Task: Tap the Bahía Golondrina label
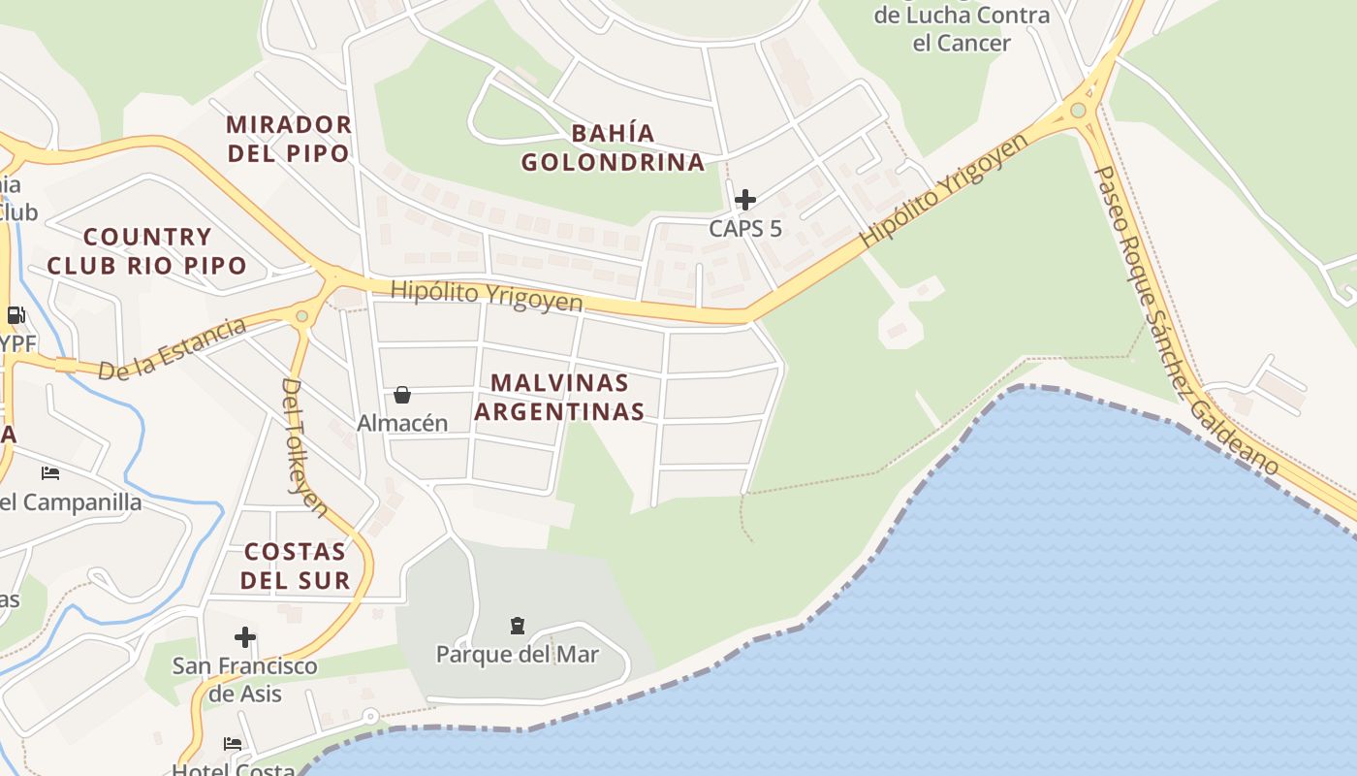(x=614, y=147)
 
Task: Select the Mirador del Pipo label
(x=288, y=139)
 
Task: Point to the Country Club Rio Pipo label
(x=146, y=251)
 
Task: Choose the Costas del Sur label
(x=295, y=566)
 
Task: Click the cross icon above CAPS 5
(x=744, y=200)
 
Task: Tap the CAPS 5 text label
(x=744, y=229)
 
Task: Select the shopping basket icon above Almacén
(x=402, y=395)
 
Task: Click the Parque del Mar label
(x=518, y=654)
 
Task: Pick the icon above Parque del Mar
(x=517, y=626)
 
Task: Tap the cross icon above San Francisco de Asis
(x=245, y=637)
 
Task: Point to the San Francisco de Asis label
(x=245, y=679)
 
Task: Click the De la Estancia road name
(x=173, y=348)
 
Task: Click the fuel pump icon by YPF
(x=16, y=314)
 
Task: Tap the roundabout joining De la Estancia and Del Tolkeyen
(x=301, y=315)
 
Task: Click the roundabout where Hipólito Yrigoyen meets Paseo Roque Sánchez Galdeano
(x=1078, y=110)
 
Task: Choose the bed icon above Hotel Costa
(x=233, y=744)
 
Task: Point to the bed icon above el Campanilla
(x=50, y=473)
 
